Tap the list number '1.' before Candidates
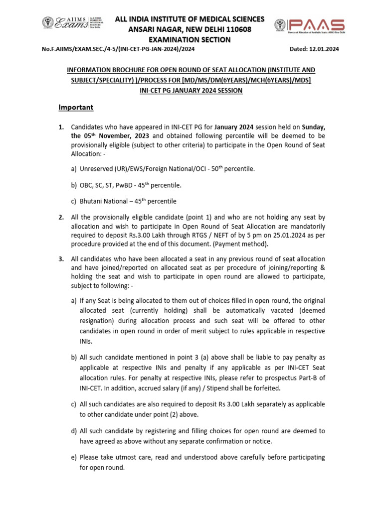click(62, 127)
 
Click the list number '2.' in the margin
click(62, 217)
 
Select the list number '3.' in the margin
click(62, 259)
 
